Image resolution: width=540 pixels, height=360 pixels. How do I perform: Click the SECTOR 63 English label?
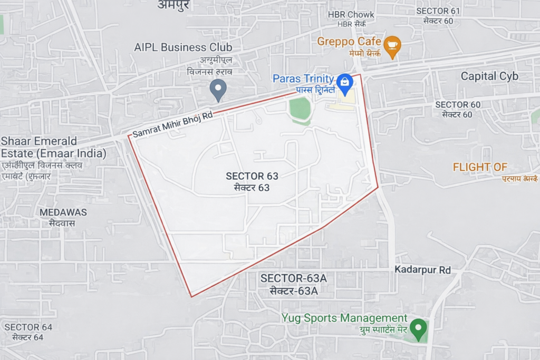pos(252,176)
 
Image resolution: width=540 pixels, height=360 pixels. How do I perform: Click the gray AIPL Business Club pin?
pos(218,89)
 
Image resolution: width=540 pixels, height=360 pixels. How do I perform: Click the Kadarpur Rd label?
pos(423,270)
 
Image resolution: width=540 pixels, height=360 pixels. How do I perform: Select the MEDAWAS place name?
pos(63,212)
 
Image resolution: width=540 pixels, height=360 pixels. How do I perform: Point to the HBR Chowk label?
pos(351,14)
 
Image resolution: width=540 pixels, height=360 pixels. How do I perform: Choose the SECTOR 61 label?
pos(438,11)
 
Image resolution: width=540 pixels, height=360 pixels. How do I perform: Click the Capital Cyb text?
pos(489,76)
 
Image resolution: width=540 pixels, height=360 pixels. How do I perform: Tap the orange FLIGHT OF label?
pos(480,167)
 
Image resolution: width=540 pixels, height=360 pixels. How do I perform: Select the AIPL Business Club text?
pos(183,47)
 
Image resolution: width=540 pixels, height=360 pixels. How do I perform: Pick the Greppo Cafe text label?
pos(349,41)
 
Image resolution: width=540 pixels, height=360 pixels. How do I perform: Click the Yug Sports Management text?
pos(344,318)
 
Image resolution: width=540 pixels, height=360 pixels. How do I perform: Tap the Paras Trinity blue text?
pos(303,79)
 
